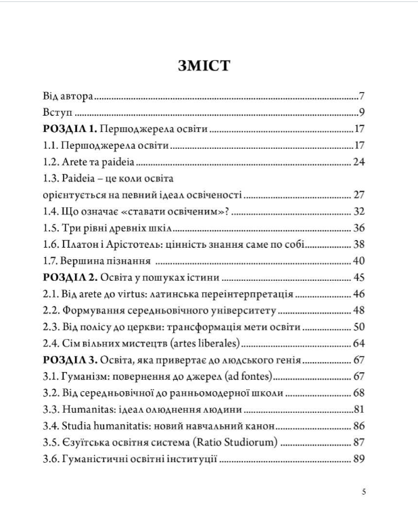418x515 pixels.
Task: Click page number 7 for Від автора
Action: point(363,96)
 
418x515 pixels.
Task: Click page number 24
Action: point(358,162)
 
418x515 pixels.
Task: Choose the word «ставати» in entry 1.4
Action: point(144,212)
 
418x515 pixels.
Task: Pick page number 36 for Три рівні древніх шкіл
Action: point(358,228)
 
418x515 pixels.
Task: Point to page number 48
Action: point(358,311)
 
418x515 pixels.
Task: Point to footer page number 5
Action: point(364,492)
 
